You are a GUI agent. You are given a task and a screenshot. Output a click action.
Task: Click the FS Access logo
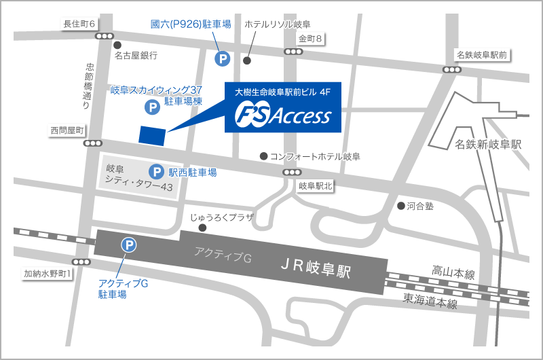tap(283, 116)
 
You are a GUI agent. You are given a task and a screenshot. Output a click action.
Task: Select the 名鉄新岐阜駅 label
tap(488, 145)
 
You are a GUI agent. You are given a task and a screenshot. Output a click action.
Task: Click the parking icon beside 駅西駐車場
tap(156, 173)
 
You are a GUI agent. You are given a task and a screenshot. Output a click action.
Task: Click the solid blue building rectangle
tap(152, 134)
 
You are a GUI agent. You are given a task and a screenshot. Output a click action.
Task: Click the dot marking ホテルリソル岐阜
tap(247, 60)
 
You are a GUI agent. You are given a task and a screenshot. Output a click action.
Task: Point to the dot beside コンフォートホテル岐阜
tap(263, 156)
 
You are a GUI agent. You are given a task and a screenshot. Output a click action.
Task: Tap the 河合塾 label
tap(419, 205)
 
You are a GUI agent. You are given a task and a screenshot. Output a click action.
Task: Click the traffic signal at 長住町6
tap(105, 36)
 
